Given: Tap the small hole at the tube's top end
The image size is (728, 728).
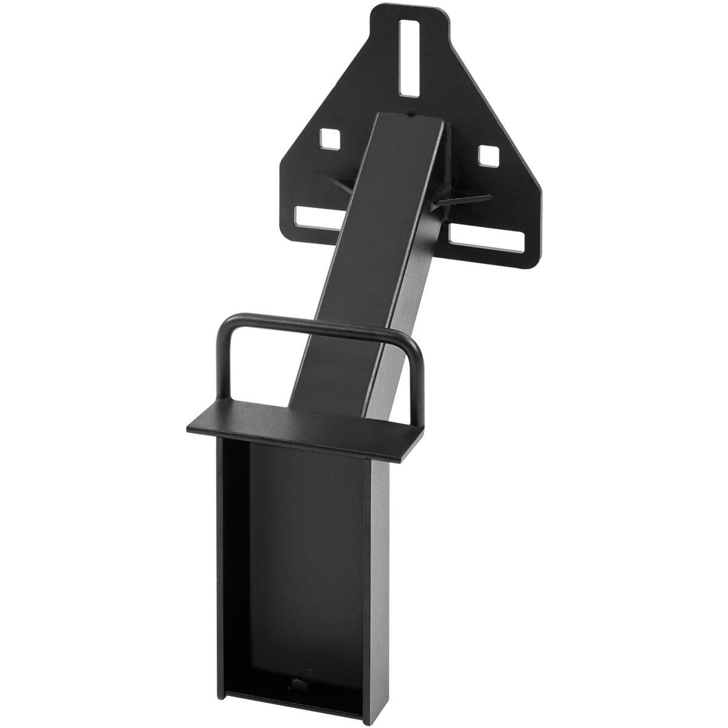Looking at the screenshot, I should pyautogui.click(x=413, y=113).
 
